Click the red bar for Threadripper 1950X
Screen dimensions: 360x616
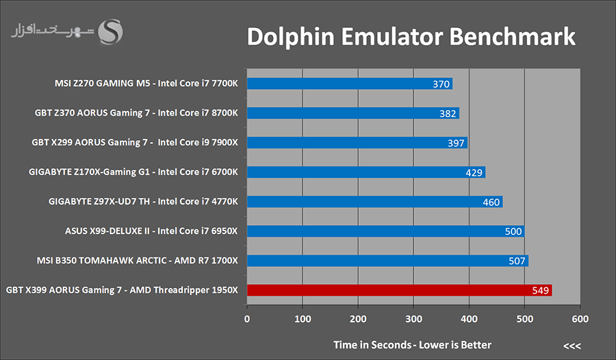399,290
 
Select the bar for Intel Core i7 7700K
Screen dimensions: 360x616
349,83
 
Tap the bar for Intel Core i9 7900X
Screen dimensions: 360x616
357,142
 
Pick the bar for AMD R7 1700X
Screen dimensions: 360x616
387,261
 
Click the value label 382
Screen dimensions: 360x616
448,114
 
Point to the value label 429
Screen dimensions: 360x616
474,172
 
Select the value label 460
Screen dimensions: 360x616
491,202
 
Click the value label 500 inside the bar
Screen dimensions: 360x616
513,231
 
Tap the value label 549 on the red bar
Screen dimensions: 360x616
541,290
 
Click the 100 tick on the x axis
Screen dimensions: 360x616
303,318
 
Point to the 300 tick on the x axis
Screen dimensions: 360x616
413,318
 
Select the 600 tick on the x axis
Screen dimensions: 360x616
580,318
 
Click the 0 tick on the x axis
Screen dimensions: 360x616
247,318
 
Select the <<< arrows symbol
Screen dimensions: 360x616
572,345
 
